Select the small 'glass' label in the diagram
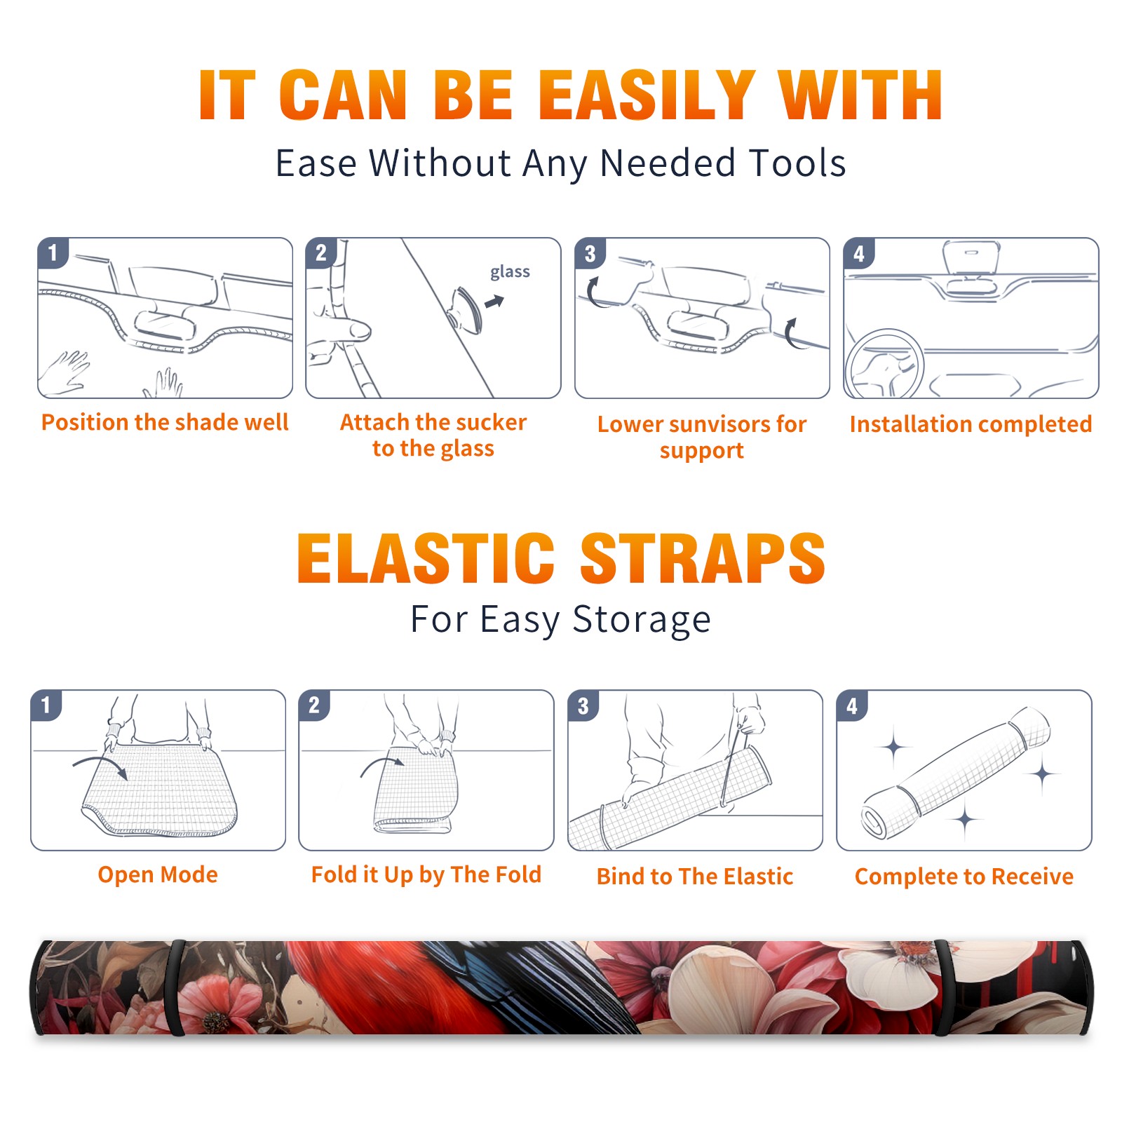[x=510, y=272]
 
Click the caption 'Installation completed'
[x=971, y=424]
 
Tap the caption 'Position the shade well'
[x=165, y=422]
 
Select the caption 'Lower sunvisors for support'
[x=702, y=437]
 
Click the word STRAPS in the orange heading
[x=703, y=558]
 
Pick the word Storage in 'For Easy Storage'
[x=642, y=620]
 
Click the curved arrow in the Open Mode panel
[x=100, y=765]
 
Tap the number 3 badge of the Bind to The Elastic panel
[x=583, y=705]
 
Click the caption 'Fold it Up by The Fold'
[x=426, y=874]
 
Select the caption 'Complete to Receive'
[x=964, y=877]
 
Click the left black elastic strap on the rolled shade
[x=177, y=988]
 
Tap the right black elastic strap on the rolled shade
[x=942, y=988]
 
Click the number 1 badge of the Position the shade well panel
[x=53, y=252]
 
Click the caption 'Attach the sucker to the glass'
[x=433, y=435]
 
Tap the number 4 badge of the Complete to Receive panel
[x=852, y=705]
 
